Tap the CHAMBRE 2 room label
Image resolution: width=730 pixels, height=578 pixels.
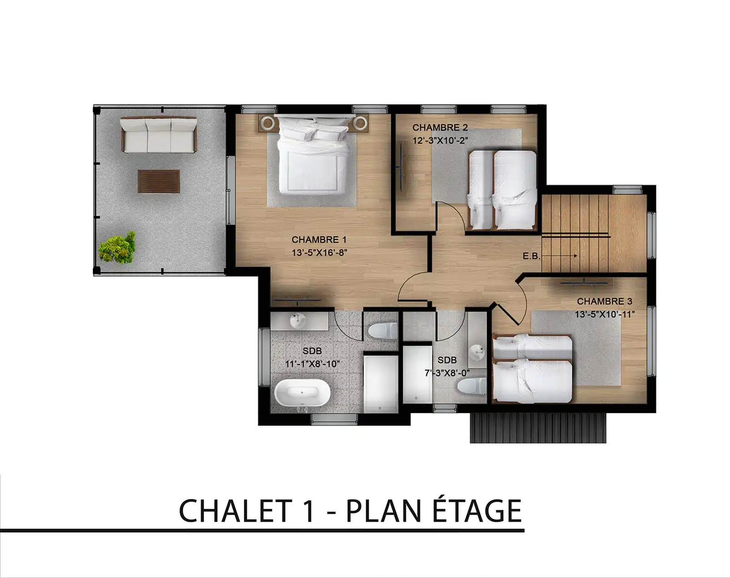tap(440, 128)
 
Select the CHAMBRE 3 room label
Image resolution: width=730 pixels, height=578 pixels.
tap(604, 301)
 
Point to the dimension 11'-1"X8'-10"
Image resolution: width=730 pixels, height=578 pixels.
tap(312, 364)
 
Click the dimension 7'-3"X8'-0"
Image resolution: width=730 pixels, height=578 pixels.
tap(447, 373)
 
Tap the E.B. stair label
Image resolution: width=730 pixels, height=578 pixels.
tap(531, 256)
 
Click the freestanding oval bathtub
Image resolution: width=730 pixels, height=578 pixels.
tap(302, 394)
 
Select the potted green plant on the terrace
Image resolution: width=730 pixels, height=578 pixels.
tap(118, 248)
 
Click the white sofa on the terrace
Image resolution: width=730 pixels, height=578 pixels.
tap(159, 135)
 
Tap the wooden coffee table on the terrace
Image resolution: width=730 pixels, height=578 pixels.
tap(159, 181)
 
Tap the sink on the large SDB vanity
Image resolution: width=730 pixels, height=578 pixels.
tap(298, 320)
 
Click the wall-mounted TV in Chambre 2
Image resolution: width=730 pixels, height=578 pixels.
tap(402, 167)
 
